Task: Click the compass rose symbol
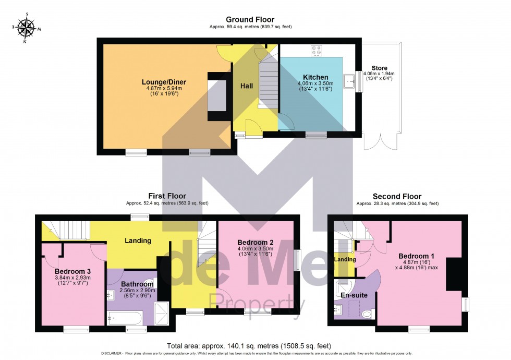pyautogui.click(x=25, y=28)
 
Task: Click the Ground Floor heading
pyautogui.click(x=250, y=20)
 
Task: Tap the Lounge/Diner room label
pyautogui.click(x=164, y=82)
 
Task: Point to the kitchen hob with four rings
pyautogui.click(x=317, y=51)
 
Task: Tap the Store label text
pyautogui.click(x=380, y=68)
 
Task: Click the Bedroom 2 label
pyautogui.click(x=256, y=242)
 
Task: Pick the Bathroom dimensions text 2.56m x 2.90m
pyautogui.click(x=131, y=291)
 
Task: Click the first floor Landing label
pyautogui.click(x=138, y=241)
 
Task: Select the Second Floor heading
pyautogui.click(x=397, y=196)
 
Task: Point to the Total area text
pyautogui.click(x=249, y=345)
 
